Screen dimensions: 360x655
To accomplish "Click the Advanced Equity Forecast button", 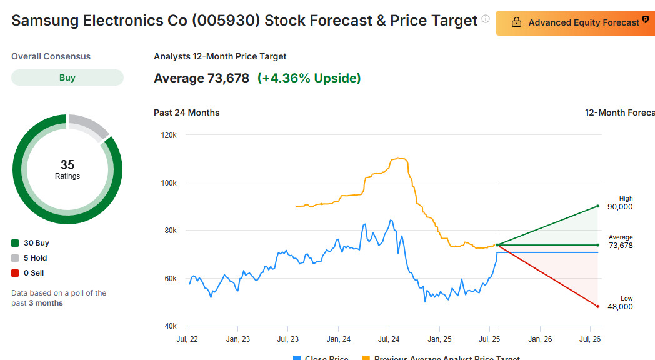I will click(x=575, y=22).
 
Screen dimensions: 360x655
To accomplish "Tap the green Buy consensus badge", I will click(x=67, y=77).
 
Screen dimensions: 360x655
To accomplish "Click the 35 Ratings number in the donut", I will click(x=67, y=165).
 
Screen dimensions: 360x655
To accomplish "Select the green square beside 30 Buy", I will click(x=15, y=243).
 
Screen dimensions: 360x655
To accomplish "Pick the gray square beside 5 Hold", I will click(x=15, y=258).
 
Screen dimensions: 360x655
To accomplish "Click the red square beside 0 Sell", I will click(x=15, y=273).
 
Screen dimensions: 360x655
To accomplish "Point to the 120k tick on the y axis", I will click(x=169, y=135).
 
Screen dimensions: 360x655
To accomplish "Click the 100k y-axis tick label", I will click(x=169, y=183).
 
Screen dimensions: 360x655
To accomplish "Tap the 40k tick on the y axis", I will click(x=170, y=326).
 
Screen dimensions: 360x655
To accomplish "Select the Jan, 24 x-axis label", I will click(x=338, y=339).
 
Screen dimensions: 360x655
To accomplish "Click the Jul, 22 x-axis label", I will click(x=187, y=339).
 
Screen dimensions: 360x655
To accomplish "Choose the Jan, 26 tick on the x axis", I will click(x=540, y=339).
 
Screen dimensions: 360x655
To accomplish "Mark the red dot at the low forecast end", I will click(x=598, y=306).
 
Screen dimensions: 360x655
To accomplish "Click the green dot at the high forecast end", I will click(x=598, y=206).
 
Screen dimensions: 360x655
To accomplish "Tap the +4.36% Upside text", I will click(x=309, y=78).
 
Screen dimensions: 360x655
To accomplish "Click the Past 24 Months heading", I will click(x=187, y=112).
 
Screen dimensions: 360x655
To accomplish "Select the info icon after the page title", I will click(x=486, y=19).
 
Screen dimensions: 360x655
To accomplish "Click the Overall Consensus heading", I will click(x=51, y=56).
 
